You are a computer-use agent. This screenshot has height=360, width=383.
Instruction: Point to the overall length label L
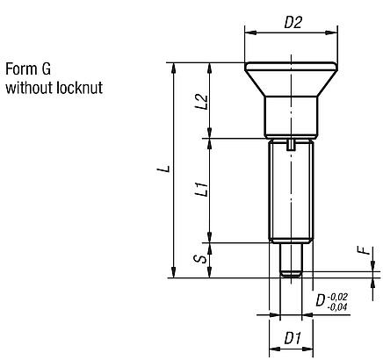(x=162, y=167)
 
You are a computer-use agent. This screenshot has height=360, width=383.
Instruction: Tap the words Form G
(x=27, y=70)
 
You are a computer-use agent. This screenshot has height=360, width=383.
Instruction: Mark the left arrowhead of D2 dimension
(x=247, y=32)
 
